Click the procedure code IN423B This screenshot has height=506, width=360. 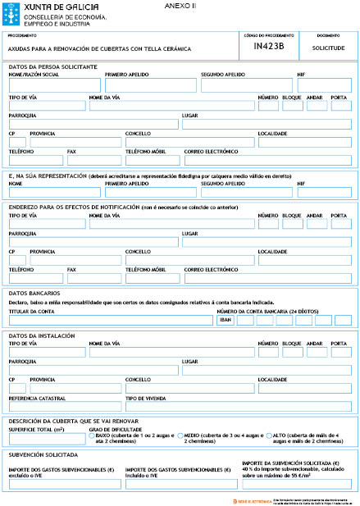click(269, 48)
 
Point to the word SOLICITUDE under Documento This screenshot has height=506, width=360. click(328, 48)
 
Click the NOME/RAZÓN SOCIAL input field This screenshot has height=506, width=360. click(54, 85)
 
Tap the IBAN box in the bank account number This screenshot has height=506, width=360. click(226, 319)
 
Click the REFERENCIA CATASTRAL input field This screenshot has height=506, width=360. click(65, 408)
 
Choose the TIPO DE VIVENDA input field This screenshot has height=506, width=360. click(189, 408)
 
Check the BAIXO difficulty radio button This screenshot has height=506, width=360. click(92, 436)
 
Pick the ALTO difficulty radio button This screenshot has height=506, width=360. click(268, 436)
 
